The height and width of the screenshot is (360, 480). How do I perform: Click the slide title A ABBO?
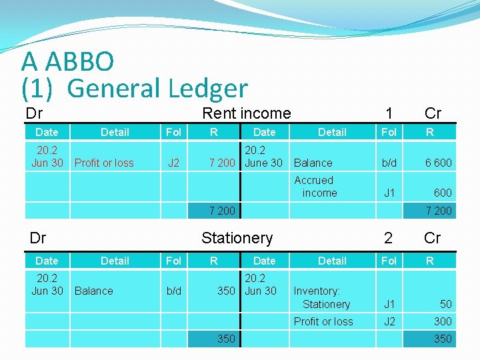68,61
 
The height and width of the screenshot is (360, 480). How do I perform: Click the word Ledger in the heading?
207,88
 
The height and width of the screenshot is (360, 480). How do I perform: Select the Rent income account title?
246,113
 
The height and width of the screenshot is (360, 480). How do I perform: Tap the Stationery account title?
237,238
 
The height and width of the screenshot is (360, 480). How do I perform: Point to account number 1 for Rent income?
388,113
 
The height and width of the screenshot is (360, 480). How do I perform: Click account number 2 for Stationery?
388,238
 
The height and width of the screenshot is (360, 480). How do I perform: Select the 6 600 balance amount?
438,163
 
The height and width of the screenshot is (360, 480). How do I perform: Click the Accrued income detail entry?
315,187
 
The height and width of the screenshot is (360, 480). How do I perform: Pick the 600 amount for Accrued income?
443,193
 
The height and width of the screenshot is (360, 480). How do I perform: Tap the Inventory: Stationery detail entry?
322,297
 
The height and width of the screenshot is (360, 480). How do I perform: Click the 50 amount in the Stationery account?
445,304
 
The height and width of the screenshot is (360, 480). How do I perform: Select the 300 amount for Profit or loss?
443,321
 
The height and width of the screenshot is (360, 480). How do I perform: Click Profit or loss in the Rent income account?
104,163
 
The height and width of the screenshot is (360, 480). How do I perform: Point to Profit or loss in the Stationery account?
323,321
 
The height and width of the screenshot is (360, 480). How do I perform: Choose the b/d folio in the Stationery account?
173,291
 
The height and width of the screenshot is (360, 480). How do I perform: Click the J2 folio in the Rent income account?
173,163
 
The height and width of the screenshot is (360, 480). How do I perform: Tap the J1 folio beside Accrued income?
389,193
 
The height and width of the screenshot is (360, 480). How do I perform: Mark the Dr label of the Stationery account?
38,238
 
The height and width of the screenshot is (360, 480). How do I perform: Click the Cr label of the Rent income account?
433,113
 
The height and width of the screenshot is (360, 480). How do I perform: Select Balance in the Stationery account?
94,291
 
